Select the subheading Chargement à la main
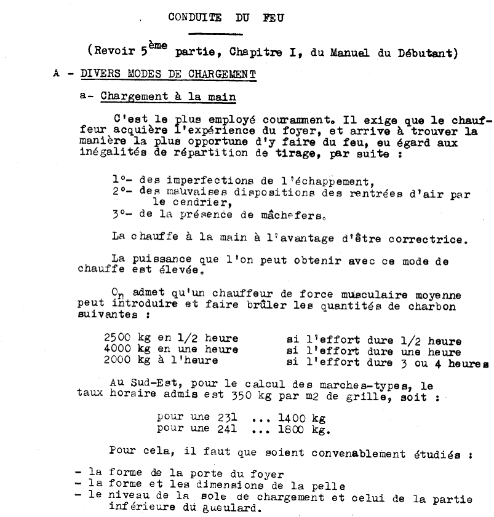point(168,97)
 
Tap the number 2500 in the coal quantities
point(118,339)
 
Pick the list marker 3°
point(121,215)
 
